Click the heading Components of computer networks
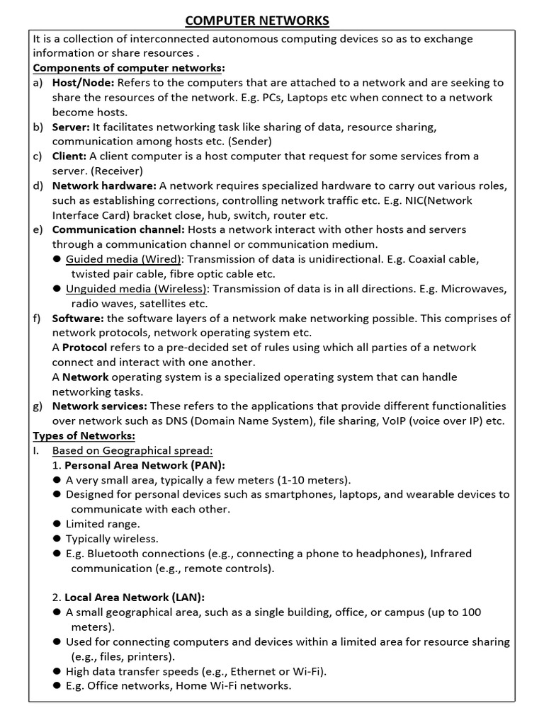pos(129,68)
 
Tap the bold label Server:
pos(71,127)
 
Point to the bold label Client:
pos(69,156)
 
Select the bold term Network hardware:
pos(104,185)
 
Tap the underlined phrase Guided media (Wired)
pos(124,259)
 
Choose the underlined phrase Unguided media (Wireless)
pos(137,288)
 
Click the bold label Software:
pos(78,318)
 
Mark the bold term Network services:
pos(100,406)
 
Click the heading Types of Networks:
pos(84,435)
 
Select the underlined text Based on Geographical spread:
pos(132,450)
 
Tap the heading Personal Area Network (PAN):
pos(144,465)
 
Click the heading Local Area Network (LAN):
pos(140,597)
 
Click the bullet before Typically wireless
pos(57,539)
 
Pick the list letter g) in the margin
pos(38,406)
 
